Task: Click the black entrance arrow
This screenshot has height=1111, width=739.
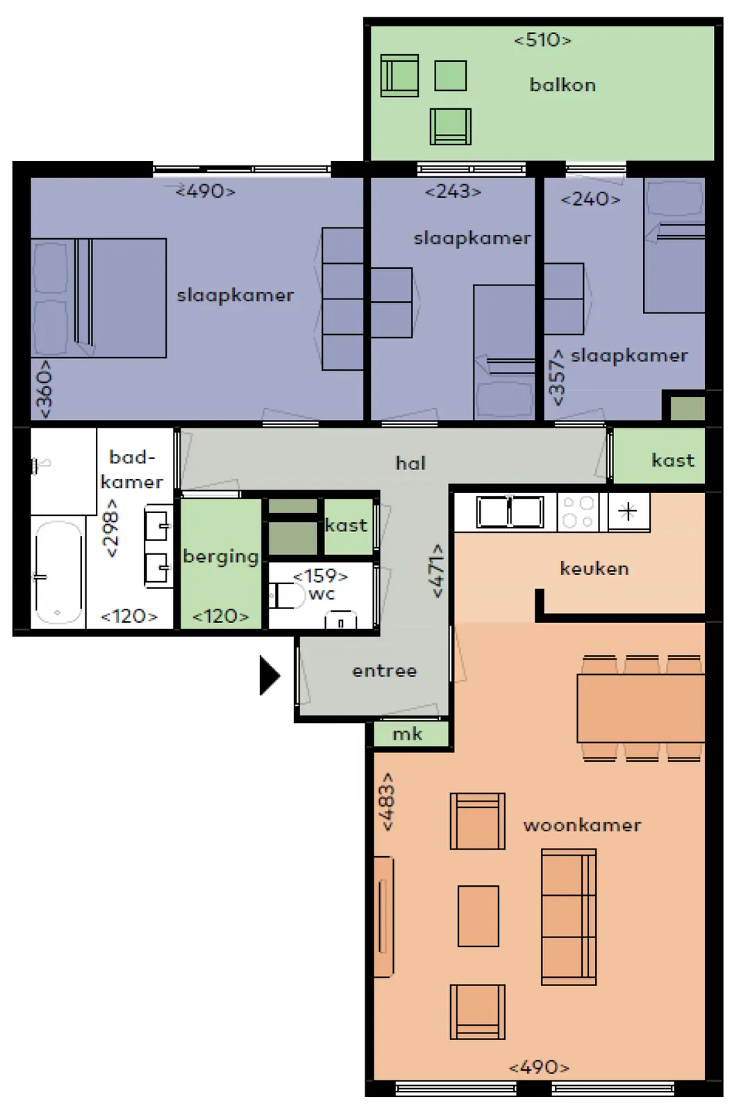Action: point(269,675)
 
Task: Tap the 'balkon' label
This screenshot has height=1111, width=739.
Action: point(563,85)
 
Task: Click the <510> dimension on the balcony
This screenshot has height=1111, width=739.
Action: point(542,40)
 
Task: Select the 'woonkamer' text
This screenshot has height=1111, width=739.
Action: point(582,826)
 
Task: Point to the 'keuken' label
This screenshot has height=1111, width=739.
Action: point(594,569)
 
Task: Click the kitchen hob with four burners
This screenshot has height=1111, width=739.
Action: point(578,512)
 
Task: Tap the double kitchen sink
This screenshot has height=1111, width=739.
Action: point(510,512)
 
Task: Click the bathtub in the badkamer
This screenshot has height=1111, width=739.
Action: point(58,573)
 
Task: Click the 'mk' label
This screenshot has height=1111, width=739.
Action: point(407,735)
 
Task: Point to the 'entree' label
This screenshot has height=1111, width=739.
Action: point(384,671)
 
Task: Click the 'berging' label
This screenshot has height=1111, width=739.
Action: point(221,557)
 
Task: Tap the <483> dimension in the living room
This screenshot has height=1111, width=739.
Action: point(388,801)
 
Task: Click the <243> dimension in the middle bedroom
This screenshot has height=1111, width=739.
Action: point(453,192)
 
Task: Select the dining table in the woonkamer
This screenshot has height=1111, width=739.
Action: point(641,708)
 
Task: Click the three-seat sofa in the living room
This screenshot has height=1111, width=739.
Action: point(568,917)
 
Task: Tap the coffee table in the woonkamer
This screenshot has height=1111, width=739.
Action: point(478,916)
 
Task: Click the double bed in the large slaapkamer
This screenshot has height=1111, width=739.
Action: point(98,298)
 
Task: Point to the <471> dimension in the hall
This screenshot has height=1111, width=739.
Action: point(438,570)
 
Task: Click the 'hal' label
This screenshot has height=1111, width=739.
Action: point(410,463)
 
